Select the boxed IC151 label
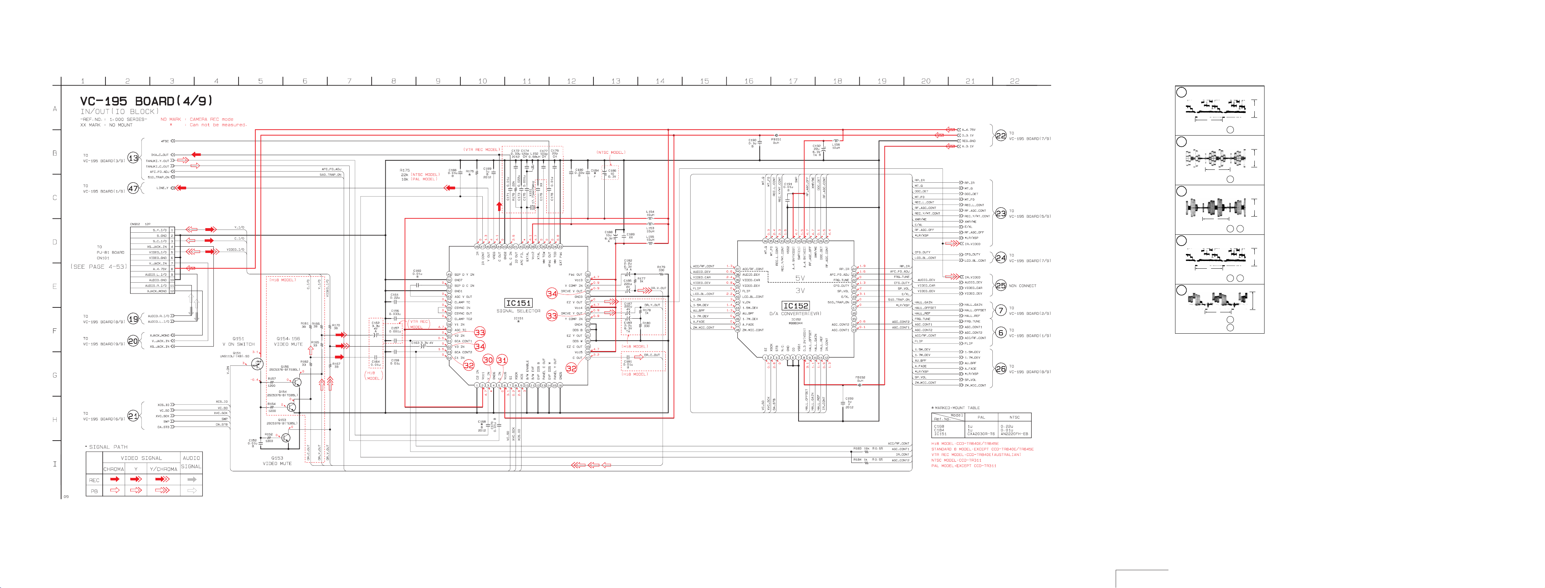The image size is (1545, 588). (x=518, y=303)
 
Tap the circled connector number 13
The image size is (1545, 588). (x=133, y=158)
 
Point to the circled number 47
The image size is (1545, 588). (x=133, y=188)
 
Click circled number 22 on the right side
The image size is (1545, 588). (x=1000, y=136)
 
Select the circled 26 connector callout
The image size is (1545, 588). (x=1000, y=369)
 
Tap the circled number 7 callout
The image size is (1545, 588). (x=1000, y=310)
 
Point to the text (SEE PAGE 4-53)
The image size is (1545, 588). (x=99, y=267)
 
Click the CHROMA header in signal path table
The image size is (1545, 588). (x=114, y=469)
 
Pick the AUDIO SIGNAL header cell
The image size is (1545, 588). (x=191, y=462)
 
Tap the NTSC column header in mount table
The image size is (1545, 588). (x=1014, y=417)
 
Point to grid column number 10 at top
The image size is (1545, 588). (x=482, y=81)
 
